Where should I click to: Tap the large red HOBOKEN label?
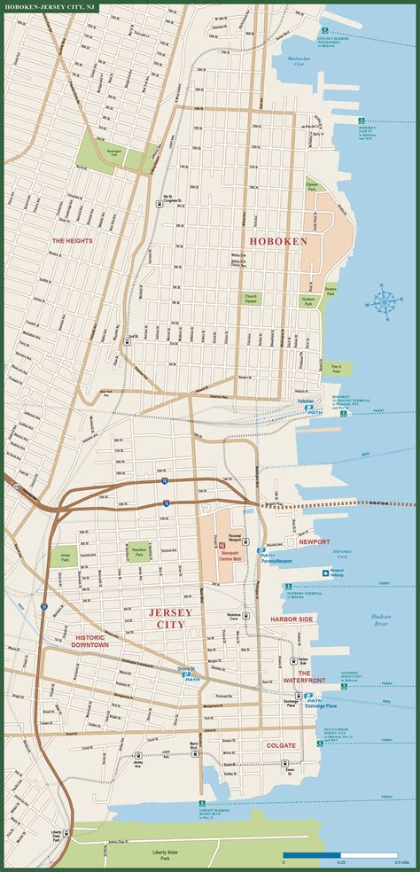(x=278, y=241)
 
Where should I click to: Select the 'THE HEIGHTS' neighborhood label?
(x=72, y=240)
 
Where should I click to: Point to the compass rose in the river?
(x=386, y=302)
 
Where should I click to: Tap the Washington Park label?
(x=113, y=152)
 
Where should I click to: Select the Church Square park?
(x=250, y=298)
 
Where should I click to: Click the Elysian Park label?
(x=312, y=187)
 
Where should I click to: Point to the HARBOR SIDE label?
(x=292, y=619)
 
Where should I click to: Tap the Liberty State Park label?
(x=140, y=855)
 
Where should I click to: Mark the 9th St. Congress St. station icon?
(x=167, y=203)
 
